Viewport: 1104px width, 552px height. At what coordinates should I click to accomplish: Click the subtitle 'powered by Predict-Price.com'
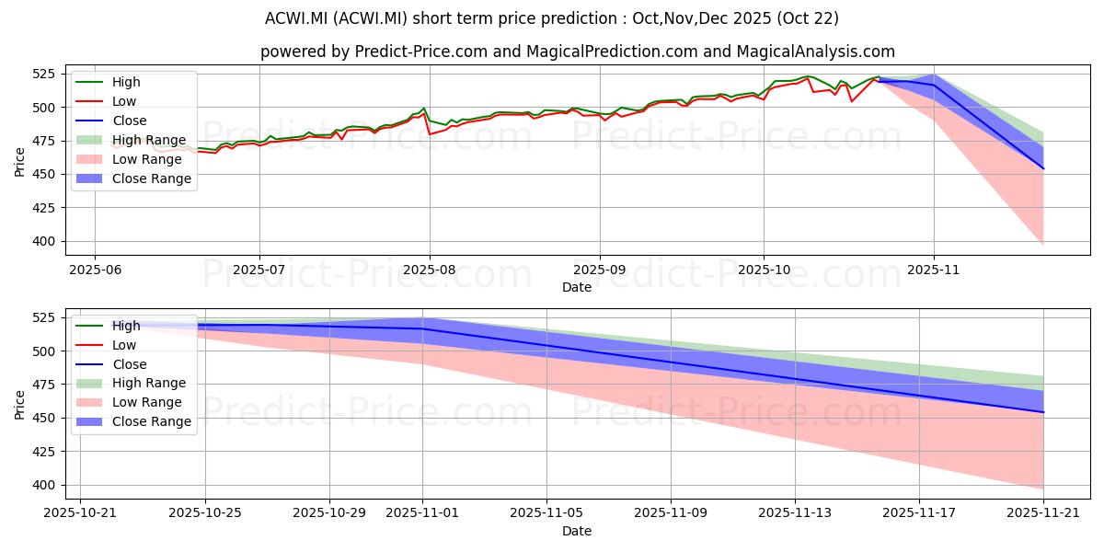coord(577,52)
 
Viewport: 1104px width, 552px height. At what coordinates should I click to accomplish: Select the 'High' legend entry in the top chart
coord(125,82)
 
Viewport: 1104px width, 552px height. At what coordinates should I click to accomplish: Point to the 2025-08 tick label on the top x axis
coord(430,270)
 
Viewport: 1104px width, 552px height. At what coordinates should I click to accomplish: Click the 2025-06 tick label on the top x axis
coord(95,270)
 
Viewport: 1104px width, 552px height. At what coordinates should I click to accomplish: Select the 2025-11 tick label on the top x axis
coord(934,270)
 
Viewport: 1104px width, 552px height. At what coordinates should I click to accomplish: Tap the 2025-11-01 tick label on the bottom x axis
coord(423,513)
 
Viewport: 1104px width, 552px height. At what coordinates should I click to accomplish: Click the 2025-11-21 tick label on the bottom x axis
coord(1043,513)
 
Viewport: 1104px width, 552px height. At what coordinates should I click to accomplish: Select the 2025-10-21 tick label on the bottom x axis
coord(80,513)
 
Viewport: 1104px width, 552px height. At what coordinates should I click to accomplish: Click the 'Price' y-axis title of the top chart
coord(20,161)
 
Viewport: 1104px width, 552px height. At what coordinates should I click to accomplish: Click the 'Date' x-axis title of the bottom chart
coord(577,531)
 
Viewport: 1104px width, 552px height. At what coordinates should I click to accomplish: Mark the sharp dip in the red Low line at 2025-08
coord(430,134)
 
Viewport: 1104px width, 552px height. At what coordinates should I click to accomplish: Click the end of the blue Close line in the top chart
coord(1043,168)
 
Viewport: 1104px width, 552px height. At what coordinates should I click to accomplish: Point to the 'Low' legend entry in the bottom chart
coord(124,345)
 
